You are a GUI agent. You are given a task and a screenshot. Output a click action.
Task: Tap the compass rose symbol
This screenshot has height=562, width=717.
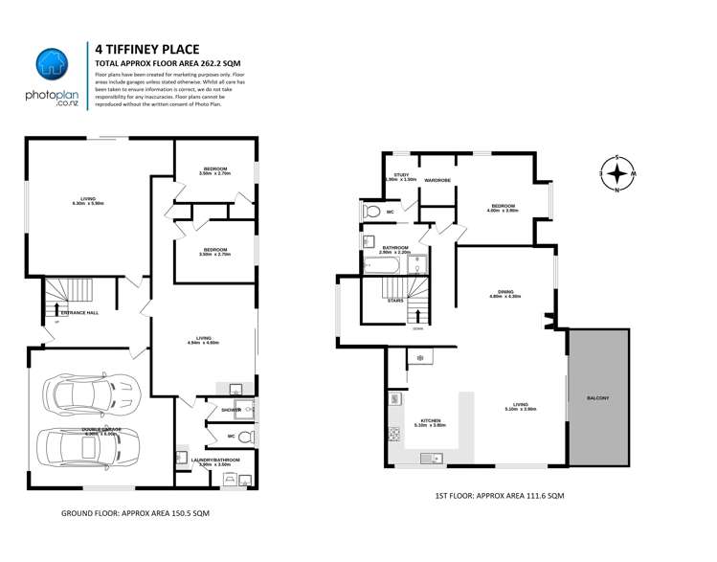click(x=618, y=173)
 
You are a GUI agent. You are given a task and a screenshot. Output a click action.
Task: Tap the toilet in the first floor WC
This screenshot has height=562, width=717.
click(x=372, y=212)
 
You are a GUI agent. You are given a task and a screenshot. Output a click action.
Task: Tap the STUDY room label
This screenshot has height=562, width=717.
click(x=401, y=175)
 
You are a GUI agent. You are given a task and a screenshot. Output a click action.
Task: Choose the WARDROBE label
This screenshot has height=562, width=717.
click(x=437, y=179)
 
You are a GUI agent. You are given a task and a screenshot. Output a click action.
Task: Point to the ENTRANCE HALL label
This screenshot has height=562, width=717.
click(x=79, y=313)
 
